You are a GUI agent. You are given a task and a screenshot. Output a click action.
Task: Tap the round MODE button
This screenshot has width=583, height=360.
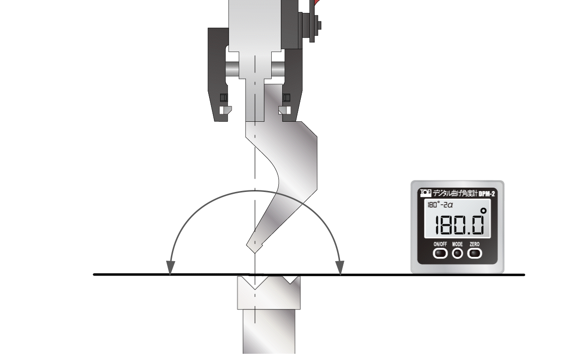click(457, 253)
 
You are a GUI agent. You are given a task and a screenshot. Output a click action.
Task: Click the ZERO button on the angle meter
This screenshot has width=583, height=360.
click(475, 253)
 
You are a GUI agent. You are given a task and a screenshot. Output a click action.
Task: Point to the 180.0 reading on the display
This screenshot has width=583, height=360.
click(460, 225)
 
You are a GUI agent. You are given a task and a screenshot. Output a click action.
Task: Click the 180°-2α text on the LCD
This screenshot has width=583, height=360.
click(440, 205)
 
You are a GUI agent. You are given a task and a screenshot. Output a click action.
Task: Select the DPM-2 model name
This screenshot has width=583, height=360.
click(487, 194)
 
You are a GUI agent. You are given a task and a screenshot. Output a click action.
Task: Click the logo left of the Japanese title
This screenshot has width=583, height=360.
click(426, 193)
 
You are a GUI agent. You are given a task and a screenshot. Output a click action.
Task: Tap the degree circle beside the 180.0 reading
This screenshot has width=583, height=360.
click(483, 211)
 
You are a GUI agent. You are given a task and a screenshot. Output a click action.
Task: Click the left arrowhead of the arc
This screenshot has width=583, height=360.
click(170, 267)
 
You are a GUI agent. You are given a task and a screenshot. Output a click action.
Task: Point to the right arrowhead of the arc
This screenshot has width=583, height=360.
click(340, 267)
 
